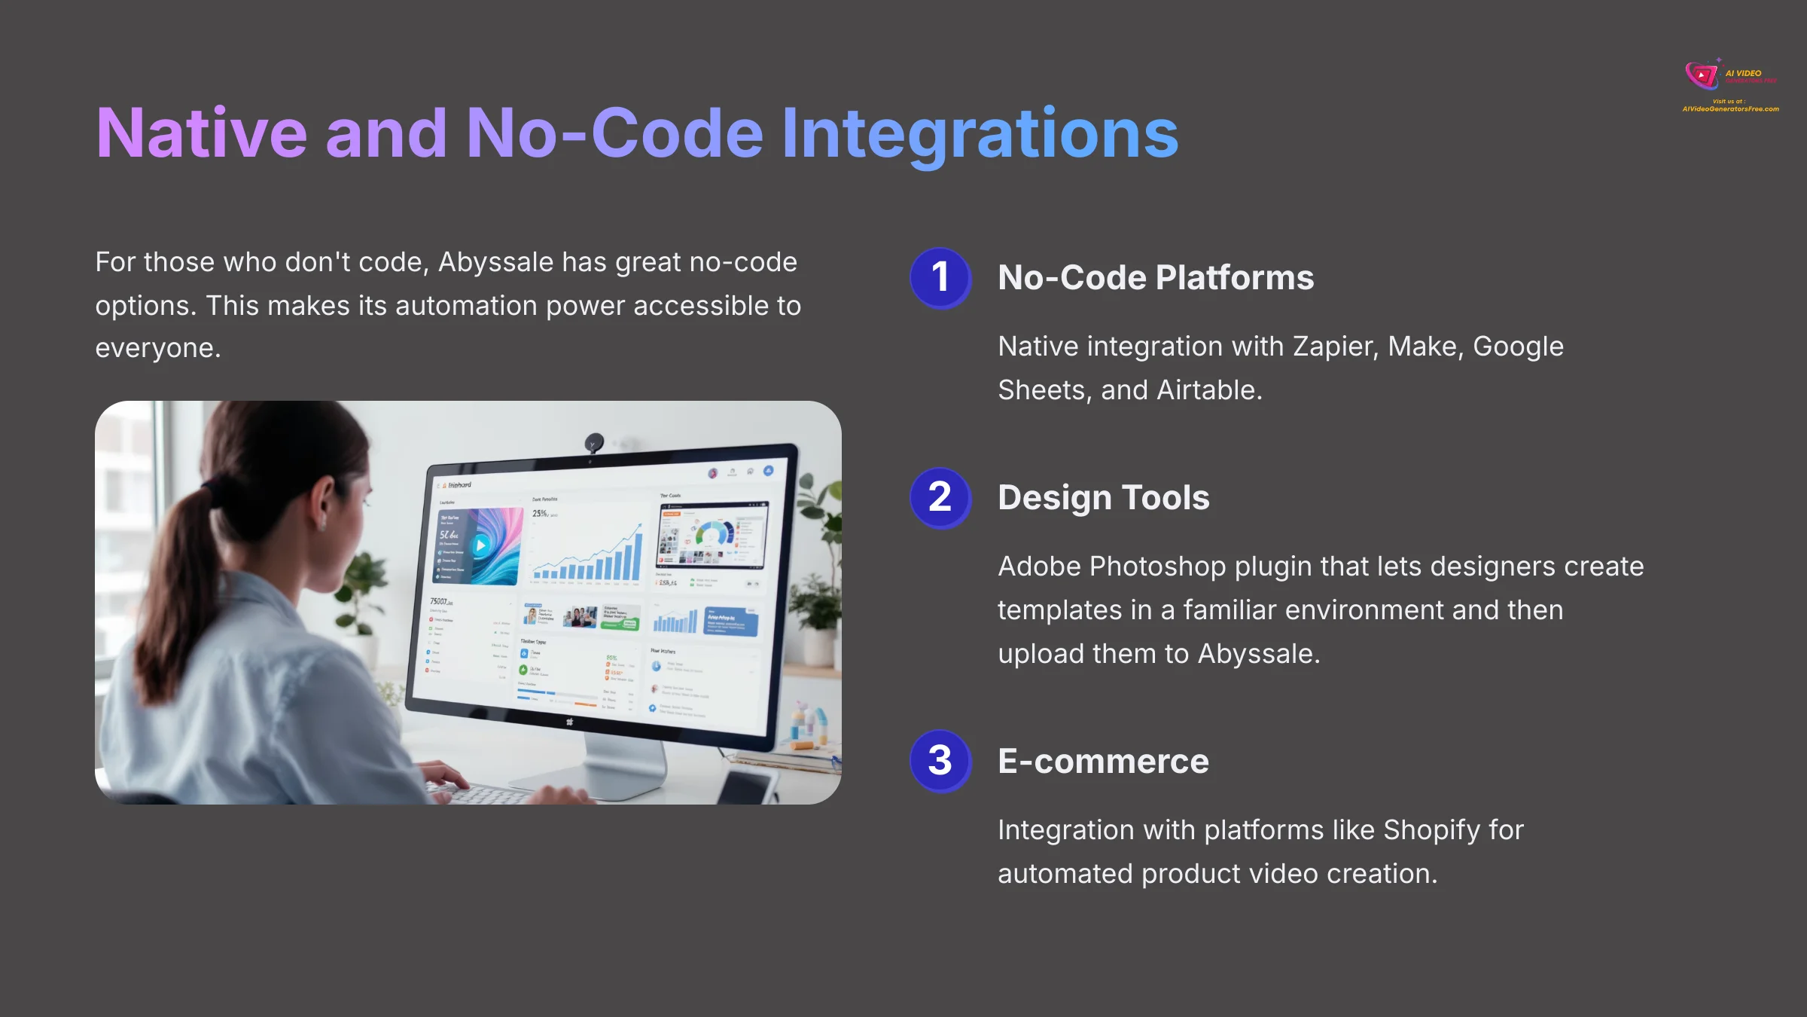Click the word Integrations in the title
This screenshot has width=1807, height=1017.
979,134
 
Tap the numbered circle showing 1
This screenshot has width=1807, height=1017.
940,278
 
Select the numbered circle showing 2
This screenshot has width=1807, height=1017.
940,498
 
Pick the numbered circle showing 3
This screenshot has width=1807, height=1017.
940,761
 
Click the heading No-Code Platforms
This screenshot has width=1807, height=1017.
1155,278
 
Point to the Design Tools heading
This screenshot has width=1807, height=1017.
1103,498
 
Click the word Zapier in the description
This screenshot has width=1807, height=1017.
1334,347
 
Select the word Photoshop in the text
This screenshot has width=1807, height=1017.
1157,567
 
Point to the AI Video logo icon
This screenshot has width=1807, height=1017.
1702,75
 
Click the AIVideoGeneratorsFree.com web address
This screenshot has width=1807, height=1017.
1730,109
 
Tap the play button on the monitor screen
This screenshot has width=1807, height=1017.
480,545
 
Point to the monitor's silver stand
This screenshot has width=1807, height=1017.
625,761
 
